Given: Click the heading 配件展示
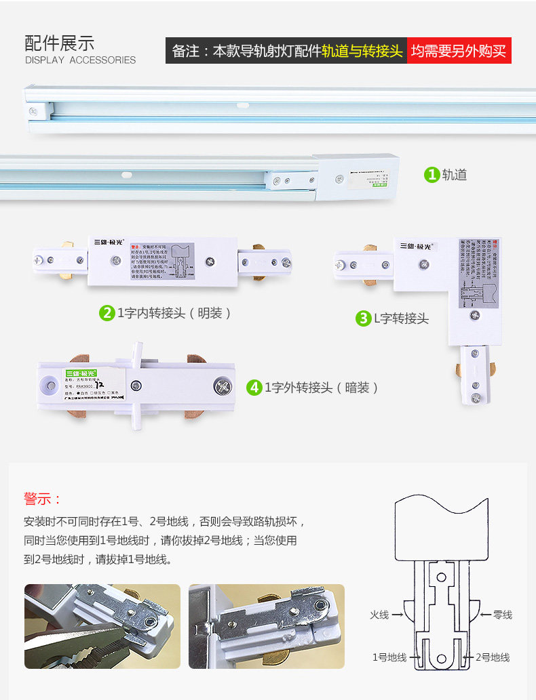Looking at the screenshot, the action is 59,43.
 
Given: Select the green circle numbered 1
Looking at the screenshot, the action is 432,175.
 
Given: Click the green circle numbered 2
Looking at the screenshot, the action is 107,313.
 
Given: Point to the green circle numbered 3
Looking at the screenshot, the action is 364,318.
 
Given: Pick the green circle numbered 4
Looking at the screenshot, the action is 254,388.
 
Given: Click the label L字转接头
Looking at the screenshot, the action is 402,318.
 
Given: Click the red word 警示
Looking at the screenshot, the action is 42,499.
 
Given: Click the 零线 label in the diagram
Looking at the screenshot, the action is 502,615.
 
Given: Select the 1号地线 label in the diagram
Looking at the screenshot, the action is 389,657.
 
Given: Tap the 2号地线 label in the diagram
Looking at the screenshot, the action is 493,657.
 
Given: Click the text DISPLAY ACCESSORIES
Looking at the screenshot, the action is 80,60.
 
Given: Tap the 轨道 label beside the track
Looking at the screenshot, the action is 455,175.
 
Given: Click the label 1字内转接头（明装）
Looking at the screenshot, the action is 174,313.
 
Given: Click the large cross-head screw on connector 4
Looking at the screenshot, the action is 223,387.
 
